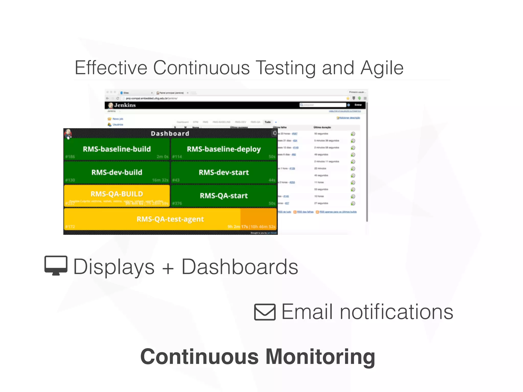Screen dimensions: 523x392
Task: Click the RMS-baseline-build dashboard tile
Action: [117, 149]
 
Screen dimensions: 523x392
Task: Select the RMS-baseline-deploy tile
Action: [224, 149]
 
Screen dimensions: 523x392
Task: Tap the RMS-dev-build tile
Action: [117, 173]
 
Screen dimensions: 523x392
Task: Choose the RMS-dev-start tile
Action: [224, 173]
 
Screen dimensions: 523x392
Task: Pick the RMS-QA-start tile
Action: [224, 196]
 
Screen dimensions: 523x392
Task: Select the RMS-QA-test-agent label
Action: [170, 219]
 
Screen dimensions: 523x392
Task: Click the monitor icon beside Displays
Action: [56, 265]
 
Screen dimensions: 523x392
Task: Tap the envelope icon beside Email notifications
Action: [265, 312]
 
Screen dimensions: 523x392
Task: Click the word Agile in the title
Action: [382, 68]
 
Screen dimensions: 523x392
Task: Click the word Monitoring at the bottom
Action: [320, 357]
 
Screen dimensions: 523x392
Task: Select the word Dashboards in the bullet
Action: [240, 267]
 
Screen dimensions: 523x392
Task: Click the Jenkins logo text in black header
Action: [125, 105]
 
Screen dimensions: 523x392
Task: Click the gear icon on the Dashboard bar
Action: [274, 133]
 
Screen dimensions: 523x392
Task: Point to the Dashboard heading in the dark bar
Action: [170, 133]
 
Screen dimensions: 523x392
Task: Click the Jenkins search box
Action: [323, 105]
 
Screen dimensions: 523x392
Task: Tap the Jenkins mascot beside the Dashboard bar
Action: [68, 133]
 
